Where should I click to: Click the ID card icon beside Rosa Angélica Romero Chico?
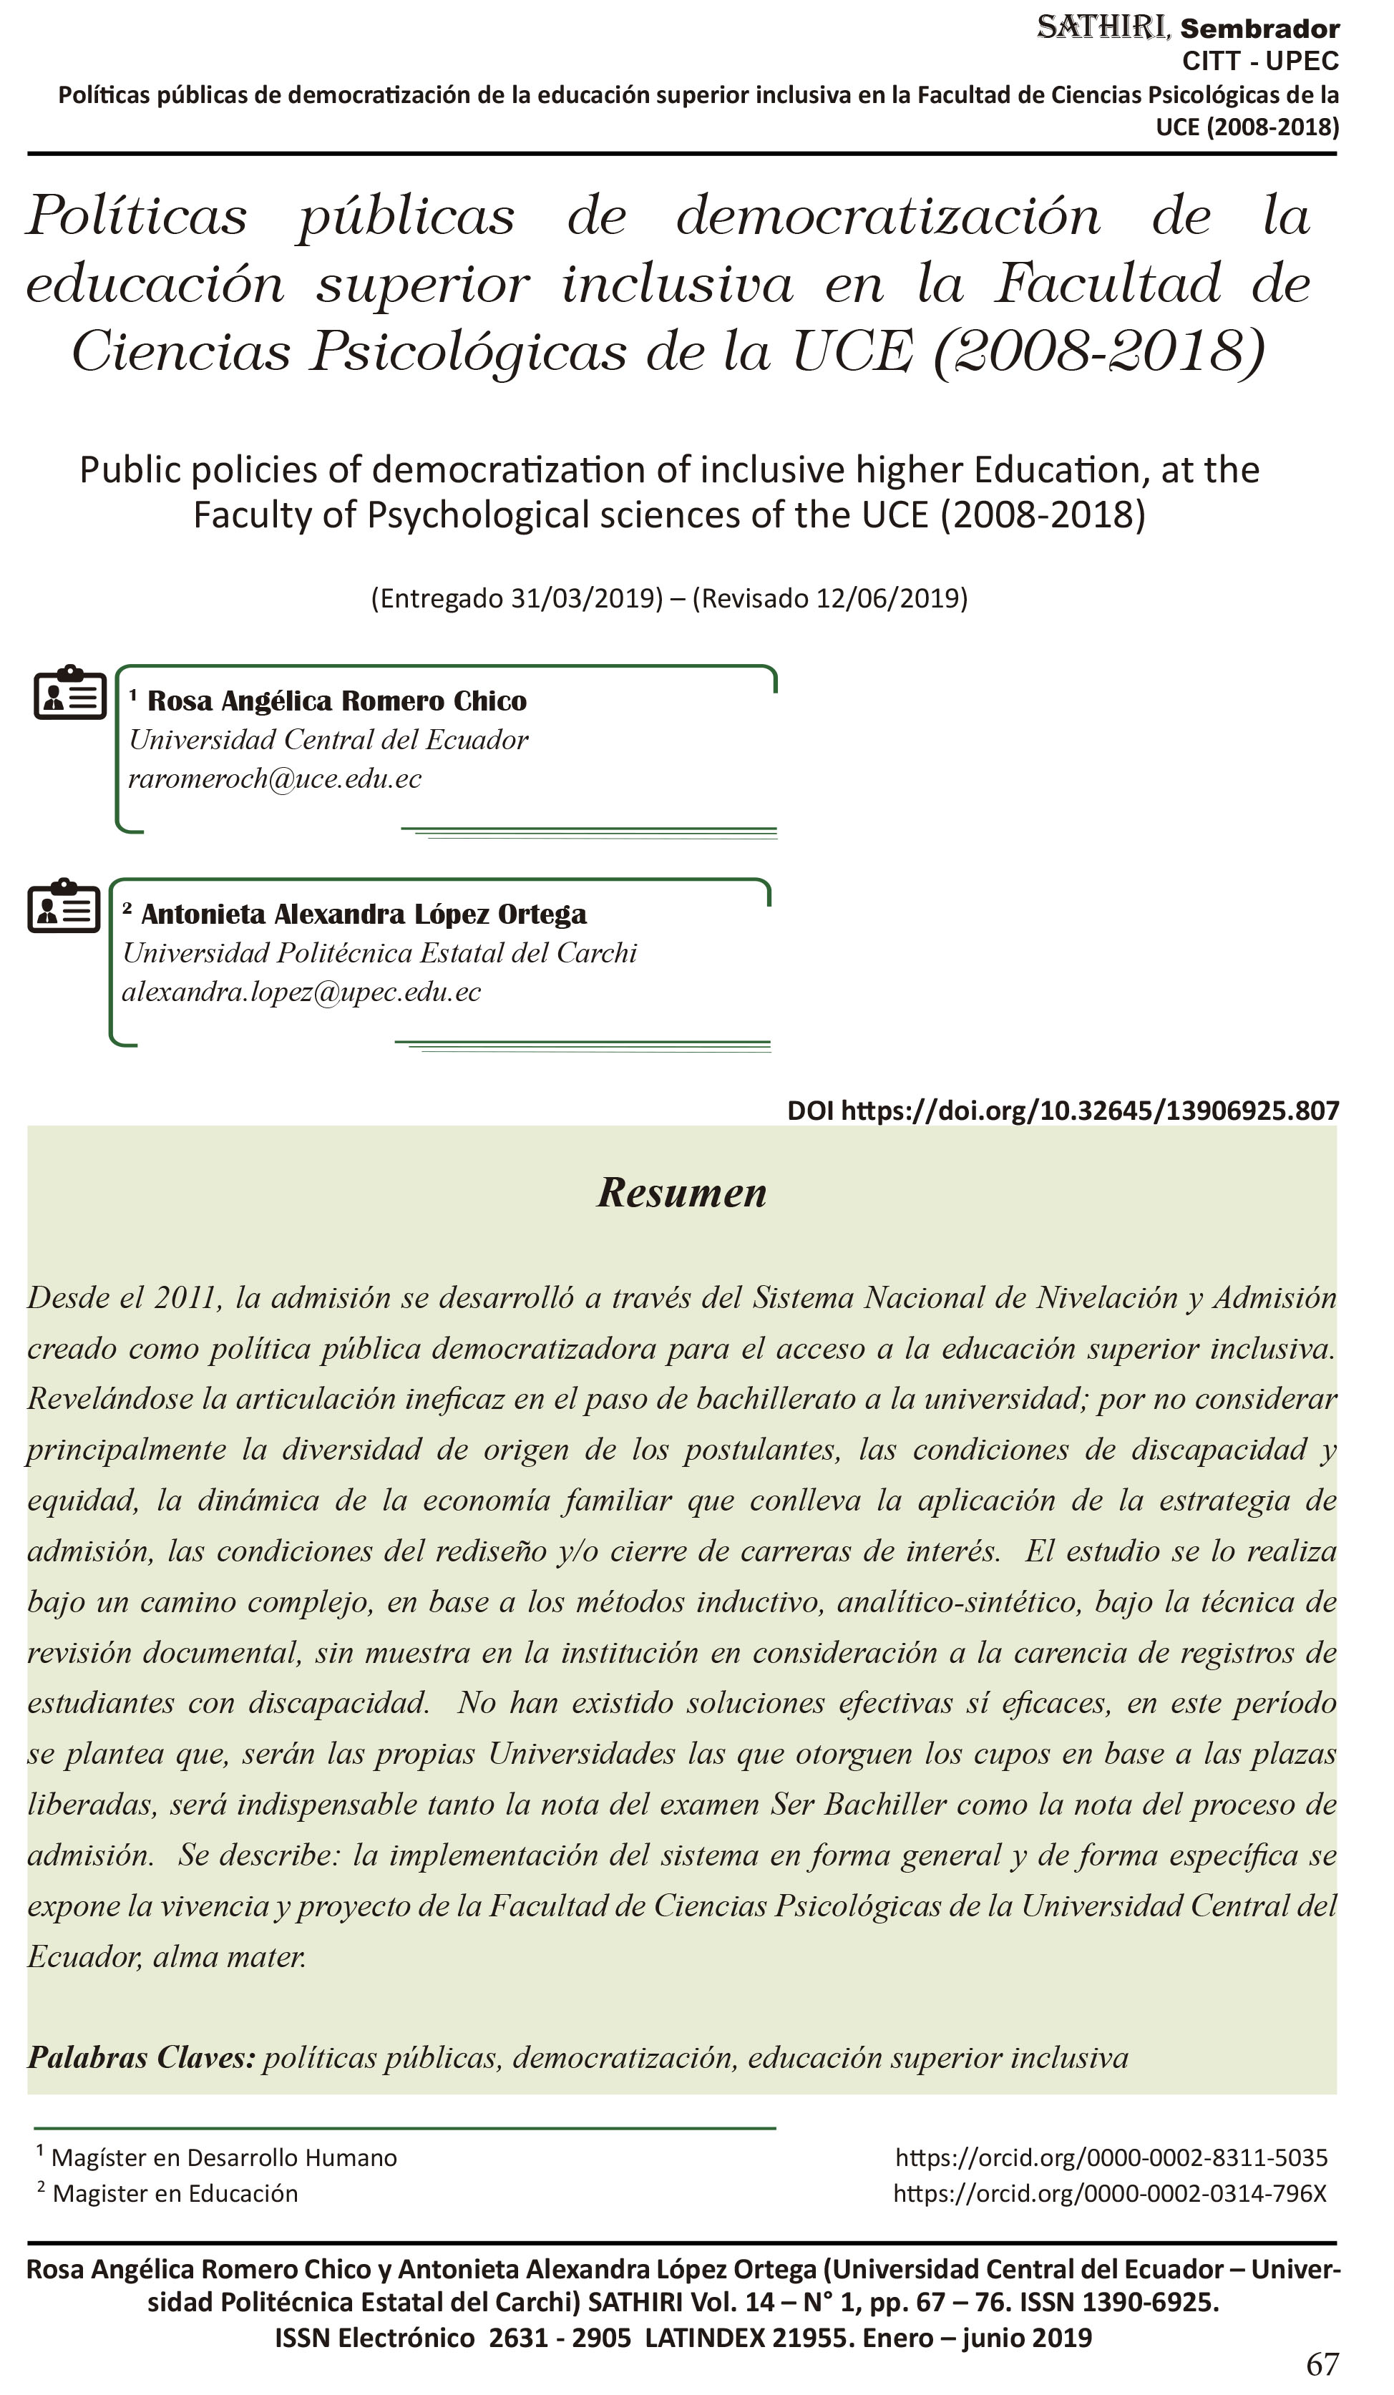tap(69, 693)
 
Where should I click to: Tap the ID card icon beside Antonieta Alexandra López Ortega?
tap(64, 906)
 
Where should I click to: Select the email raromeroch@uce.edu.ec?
tap(275, 779)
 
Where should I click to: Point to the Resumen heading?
tap(681, 1192)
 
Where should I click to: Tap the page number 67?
tap(1322, 2364)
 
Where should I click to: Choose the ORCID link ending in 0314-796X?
tap(1109, 2192)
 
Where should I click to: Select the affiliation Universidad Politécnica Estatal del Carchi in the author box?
tap(379, 952)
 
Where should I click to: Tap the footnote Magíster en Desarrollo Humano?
tap(223, 2157)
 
